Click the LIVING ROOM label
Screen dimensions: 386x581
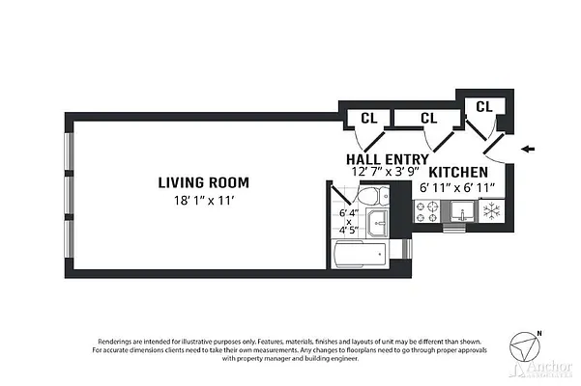click(204, 181)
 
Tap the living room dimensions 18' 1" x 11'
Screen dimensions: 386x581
click(204, 200)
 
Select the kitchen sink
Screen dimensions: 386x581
click(459, 214)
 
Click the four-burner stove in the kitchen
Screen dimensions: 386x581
click(427, 212)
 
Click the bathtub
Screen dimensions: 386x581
click(360, 257)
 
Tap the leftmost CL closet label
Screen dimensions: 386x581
click(368, 118)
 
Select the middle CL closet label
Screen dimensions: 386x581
click(429, 118)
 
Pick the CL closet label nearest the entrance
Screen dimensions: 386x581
click(484, 105)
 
